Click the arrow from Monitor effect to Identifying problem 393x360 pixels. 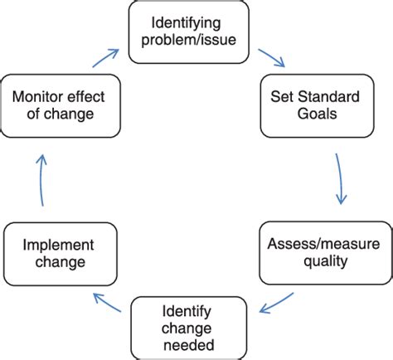point(104,57)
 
